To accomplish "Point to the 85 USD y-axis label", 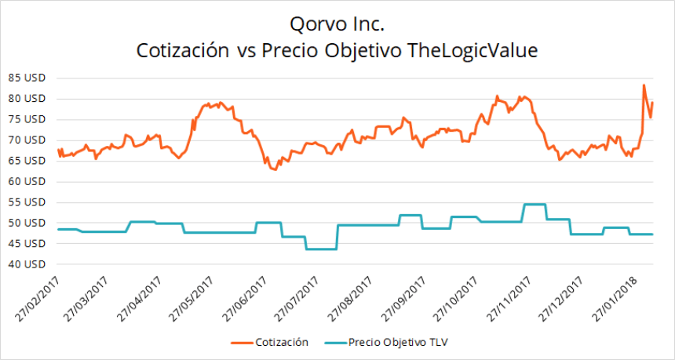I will [26, 78].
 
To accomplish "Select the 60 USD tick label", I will [26, 181].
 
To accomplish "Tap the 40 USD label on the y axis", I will [26, 264].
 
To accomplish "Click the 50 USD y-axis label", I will [26, 223].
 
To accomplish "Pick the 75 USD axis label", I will [26, 119].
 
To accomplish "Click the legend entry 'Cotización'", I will [281, 342].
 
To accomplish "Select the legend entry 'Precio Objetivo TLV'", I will [398, 342].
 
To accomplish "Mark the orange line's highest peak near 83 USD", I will [644, 85].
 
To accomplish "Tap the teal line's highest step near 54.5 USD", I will [534, 204].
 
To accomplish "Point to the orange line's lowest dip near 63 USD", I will [274, 169].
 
